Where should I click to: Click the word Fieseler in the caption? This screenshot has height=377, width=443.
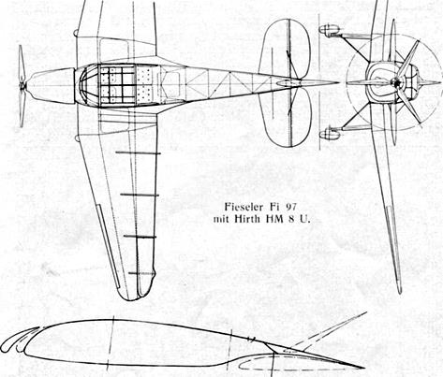tap(244, 207)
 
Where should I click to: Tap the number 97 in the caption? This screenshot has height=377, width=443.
tap(290, 207)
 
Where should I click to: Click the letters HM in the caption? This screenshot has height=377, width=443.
tap(274, 219)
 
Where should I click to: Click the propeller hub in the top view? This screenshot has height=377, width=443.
tap(22, 85)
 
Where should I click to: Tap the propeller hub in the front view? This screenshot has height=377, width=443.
tap(396, 83)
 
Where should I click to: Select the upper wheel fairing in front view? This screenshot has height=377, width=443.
tap(330, 30)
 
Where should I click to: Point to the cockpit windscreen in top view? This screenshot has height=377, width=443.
tap(87, 85)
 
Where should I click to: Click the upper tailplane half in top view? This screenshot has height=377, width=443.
tap(285, 50)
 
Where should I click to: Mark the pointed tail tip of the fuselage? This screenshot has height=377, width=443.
tap(339, 83)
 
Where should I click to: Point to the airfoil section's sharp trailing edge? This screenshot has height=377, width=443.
tap(363, 368)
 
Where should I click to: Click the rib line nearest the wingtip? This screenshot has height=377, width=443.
tap(142, 273)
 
